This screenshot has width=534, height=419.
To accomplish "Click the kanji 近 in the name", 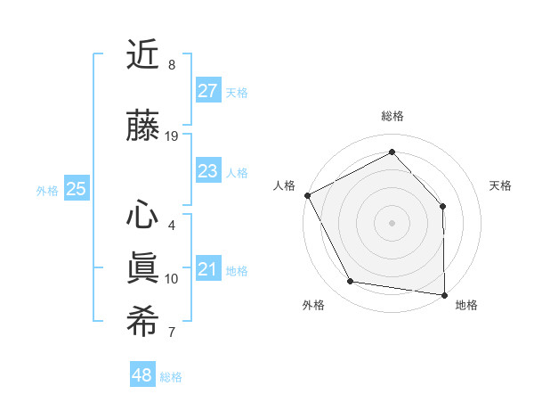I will point(142,57).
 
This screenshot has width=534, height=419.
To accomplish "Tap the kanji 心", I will point(142,215).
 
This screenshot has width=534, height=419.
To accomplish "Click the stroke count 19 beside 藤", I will point(172,136).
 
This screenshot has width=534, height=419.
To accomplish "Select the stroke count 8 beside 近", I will point(172,65).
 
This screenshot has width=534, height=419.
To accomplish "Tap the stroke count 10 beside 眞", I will point(172,279).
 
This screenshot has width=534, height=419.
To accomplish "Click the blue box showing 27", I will point(207,91).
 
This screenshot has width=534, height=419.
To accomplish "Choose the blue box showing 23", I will point(207,171).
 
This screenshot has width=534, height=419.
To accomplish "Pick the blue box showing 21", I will point(207,269).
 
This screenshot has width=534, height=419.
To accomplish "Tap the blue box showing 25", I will point(77,189).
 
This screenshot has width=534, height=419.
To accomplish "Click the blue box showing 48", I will point(142,375).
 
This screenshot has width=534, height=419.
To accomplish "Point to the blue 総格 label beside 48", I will point(171,377).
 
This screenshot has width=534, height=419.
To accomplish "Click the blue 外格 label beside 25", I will point(47,190).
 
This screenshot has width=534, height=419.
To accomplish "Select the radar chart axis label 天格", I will point(501,185).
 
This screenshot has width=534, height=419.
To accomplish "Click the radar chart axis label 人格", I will point(284,185).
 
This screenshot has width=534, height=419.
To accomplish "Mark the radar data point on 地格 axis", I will point(444,294).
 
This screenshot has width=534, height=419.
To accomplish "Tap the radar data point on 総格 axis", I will point(392,152).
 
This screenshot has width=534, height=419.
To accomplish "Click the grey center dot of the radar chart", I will point(392,223).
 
